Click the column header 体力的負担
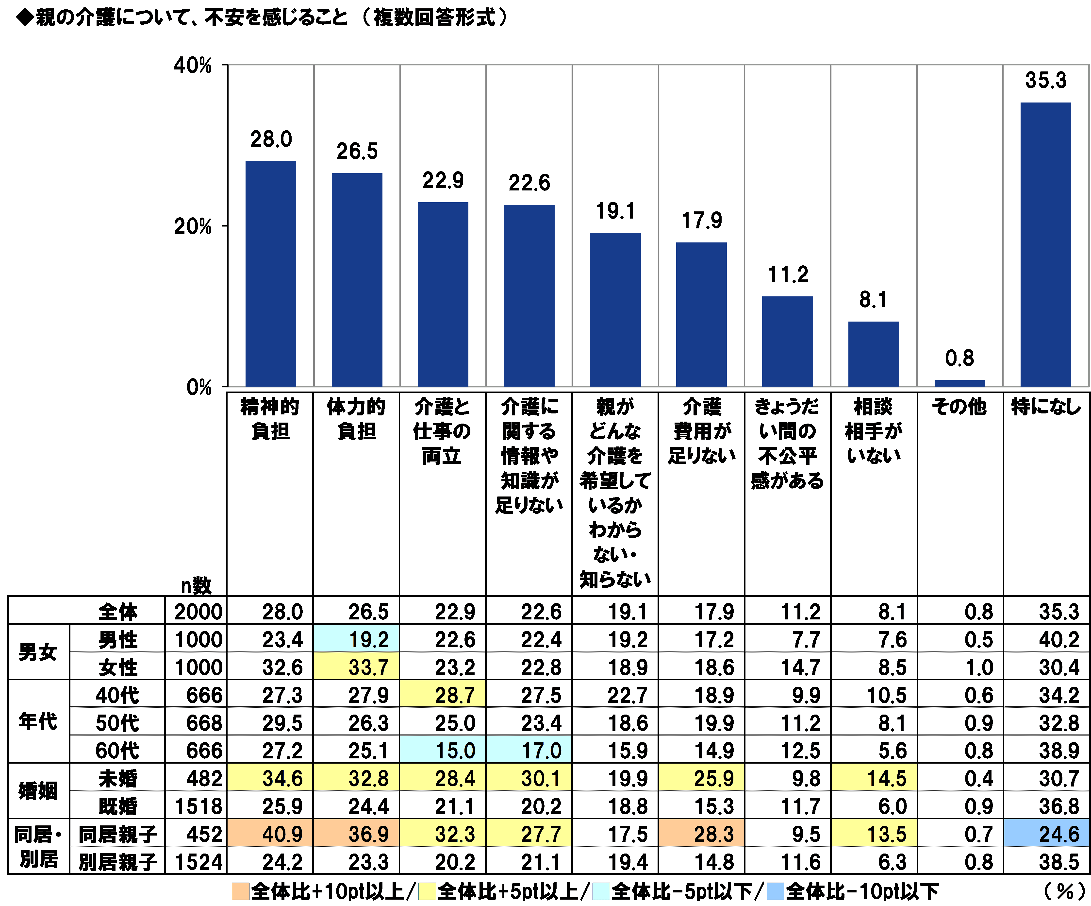coord(356,419)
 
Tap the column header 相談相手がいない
coord(873,431)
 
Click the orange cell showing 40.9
coord(270,834)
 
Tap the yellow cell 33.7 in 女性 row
coord(356,667)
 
